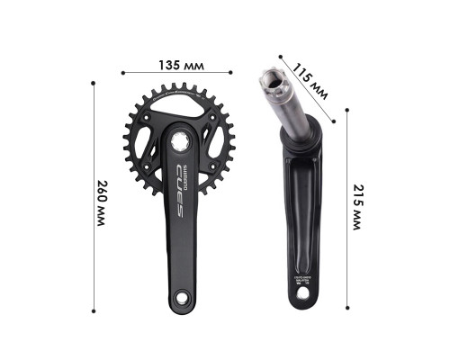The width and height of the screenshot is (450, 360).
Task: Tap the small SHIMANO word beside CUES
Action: (x=184, y=168)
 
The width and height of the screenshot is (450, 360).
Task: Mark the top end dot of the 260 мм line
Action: (x=93, y=83)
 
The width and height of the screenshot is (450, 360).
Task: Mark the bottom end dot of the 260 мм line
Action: (x=93, y=312)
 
